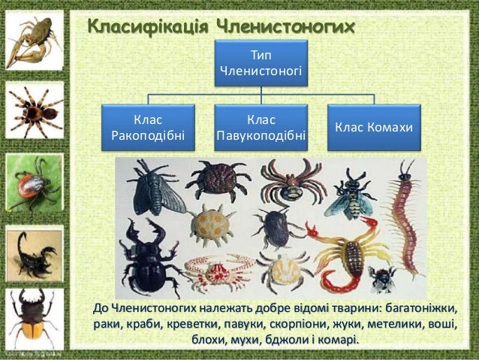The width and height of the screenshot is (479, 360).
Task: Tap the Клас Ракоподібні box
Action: pyautogui.click(x=147, y=128)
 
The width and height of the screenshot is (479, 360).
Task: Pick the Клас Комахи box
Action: pyautogui.click(x=374, y=128)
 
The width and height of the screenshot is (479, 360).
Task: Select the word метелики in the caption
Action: pyautogui.click(x=405, y=325)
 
